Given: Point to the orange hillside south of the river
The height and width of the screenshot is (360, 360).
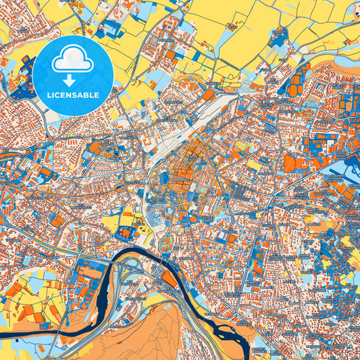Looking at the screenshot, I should [155, 331].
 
